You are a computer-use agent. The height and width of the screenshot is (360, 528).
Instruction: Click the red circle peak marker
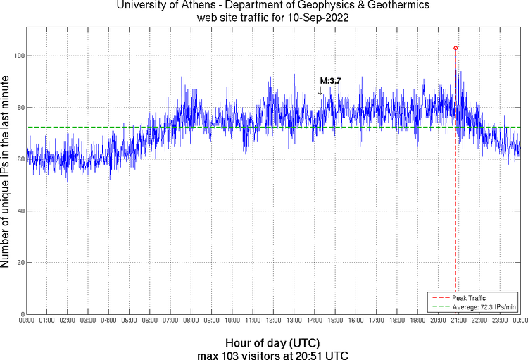coord(455,48)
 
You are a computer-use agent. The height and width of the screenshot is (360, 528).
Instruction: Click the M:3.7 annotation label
coord(330,81)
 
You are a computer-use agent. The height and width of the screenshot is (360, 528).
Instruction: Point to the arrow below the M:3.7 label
coord(320,91)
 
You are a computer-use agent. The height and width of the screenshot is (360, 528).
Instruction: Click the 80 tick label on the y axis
coord(18,108)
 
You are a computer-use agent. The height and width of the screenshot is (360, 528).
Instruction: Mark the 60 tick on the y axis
coord(18,159)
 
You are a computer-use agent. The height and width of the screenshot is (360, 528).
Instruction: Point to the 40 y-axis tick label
coord(18,211)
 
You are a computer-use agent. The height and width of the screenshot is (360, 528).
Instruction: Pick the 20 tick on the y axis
coord(18,263)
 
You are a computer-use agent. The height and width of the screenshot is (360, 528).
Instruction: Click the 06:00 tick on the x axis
coord(150,321)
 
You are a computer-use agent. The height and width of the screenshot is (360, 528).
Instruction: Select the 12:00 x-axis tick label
coord(273,321)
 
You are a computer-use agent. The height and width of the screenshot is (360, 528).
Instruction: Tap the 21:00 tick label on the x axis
coord(458,321)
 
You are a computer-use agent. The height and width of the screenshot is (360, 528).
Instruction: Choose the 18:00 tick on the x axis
coord(396,321)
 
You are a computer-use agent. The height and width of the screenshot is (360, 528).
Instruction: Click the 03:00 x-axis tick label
coord(88,321)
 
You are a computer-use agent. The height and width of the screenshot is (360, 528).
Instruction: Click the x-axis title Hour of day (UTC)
coord(272,342)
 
